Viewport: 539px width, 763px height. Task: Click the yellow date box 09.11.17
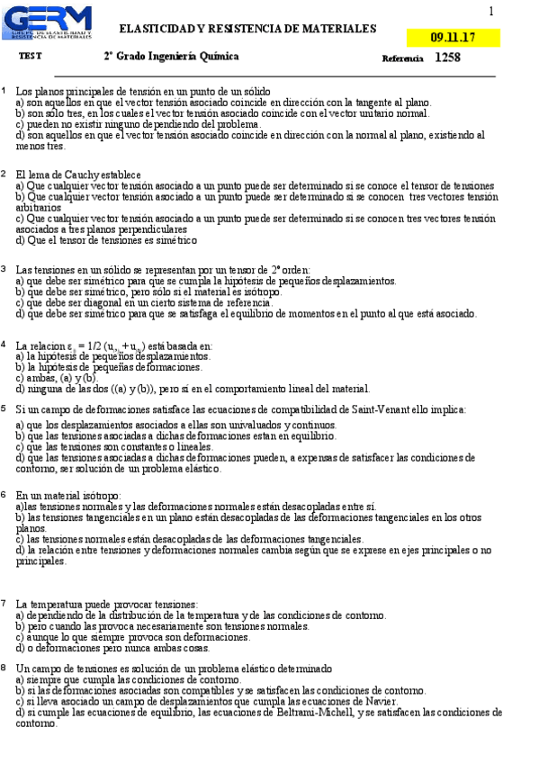coord(454,38)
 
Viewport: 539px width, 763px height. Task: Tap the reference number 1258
coord(447,58)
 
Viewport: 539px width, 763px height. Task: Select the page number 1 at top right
coord(491,12)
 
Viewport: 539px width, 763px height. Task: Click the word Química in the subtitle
coord(220,57)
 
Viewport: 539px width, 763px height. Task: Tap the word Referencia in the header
coord(402,58)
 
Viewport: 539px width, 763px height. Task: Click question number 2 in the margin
coord(4,173)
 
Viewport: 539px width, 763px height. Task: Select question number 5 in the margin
coord(4,408)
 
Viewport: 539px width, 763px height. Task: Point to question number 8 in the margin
coord(4,668)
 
